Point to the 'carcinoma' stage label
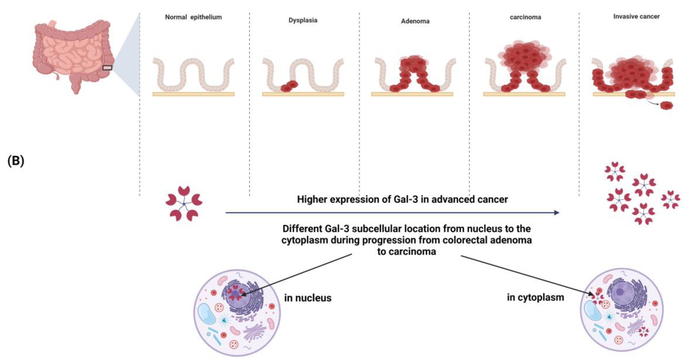point(525,17)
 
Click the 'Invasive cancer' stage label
point(636,16)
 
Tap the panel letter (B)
point(16,161)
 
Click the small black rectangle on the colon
point(107,68)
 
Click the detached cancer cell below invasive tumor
point(667,106)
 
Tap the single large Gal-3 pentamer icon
point(184,204)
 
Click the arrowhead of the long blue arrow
point(557,213)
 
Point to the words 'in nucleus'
point(308,298)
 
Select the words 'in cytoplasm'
point(535,297)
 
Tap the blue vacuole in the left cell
point(207,314)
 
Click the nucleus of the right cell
point(620,292)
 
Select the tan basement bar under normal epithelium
point(193,94)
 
